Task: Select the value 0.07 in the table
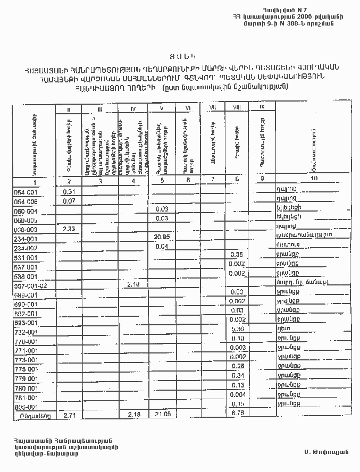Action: (x=68, y=201)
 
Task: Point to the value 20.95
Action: (x=162, y=237)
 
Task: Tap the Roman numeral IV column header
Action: (x=135, y=108)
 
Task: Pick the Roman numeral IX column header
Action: (x=262, y=107)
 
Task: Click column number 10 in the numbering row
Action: (x=314, y=179)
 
